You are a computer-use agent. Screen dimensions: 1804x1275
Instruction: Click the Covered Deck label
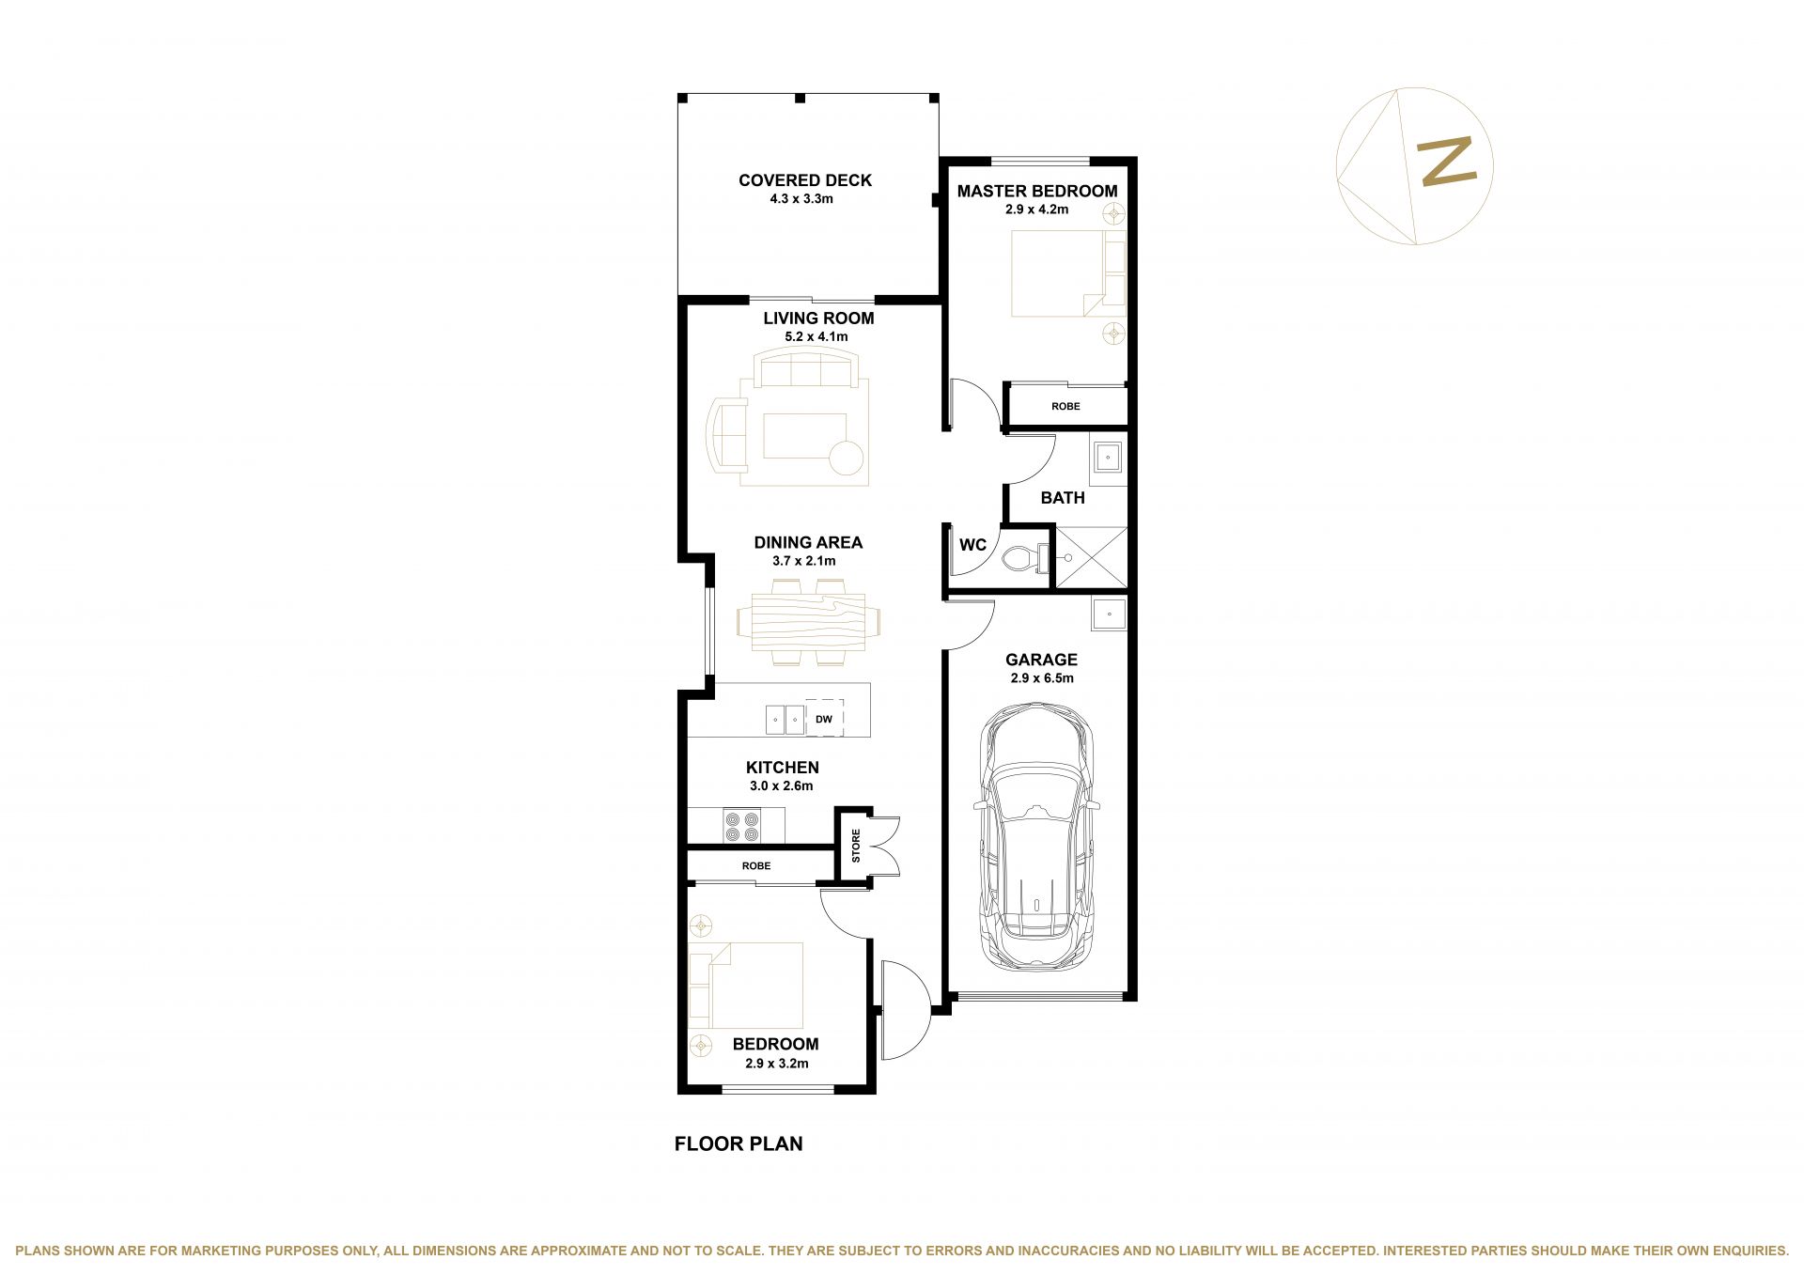pos(805,180)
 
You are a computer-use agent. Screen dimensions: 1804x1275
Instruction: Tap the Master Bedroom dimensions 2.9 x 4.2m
pos(1036,210)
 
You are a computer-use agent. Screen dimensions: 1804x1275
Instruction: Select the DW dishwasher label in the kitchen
pos(824,720)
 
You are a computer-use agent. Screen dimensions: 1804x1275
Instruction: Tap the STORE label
pos(856,846)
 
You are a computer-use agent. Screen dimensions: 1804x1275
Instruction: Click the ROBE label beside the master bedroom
pos(1065,407)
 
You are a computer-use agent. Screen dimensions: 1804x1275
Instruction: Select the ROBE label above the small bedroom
pos(756,866)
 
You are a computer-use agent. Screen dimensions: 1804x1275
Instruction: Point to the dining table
pos(808,622)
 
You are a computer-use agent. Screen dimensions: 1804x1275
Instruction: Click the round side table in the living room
pos(846,459)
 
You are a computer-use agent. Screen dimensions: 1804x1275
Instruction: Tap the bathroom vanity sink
pos(1108,459)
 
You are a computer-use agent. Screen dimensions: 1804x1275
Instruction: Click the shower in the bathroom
pos(1091,558)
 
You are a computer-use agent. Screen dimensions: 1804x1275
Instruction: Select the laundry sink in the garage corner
pos(1109,614)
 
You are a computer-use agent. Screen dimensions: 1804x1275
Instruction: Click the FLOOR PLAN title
pos(739,1143)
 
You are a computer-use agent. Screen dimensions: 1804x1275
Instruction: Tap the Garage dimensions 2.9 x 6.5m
pos(1042,678)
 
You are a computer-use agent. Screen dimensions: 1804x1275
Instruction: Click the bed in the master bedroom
pos(1067,273)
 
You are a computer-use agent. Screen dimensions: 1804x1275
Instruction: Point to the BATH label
pos(1063,498)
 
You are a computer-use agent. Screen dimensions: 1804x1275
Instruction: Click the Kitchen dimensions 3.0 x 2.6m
pos(782,786)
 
